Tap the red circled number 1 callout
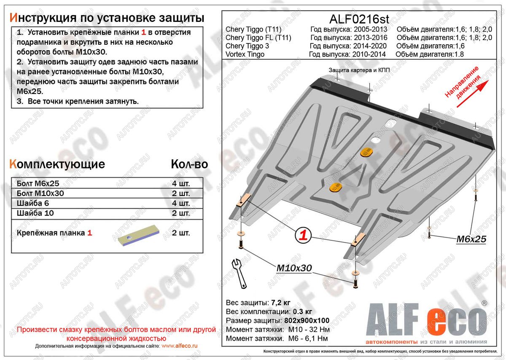(302, 235)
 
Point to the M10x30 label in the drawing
(294, 268)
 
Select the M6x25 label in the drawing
(471, 239)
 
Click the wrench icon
(238, 274)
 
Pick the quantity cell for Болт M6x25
(181, 184)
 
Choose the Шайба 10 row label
(35, 213)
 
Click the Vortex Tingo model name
(245, 54)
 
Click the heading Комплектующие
(57, 164)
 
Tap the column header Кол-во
(189, 164)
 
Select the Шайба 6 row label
(33, 203)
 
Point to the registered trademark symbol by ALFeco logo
(484, 303)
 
